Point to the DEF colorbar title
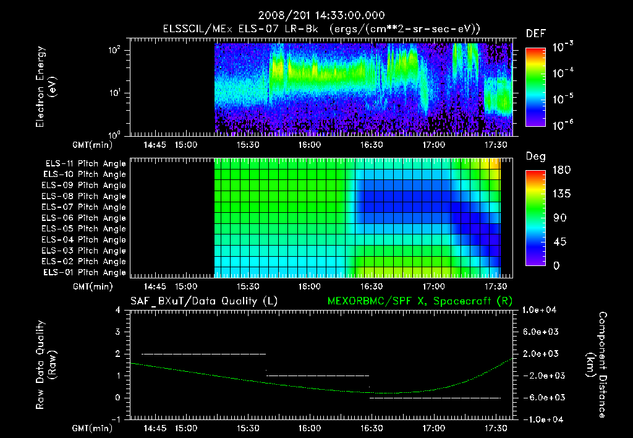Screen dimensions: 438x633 coord(535,33)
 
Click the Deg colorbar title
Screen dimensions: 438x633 coord(535,157)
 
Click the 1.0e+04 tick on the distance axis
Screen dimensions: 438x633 coord(542,310)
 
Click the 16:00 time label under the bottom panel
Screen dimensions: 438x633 coord(309,428)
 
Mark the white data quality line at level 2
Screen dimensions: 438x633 coord(204,354)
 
